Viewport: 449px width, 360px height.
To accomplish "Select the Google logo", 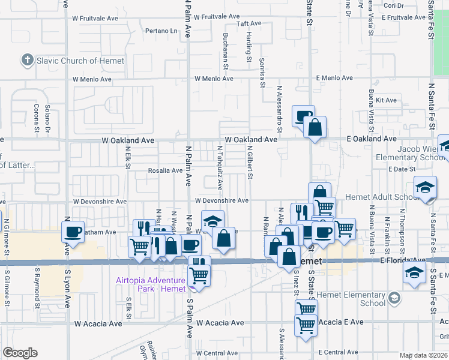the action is (x=20, y=353).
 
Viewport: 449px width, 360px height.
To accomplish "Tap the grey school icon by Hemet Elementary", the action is (x=394, y=298).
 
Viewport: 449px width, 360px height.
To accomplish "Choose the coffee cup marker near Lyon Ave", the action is (x=73, y=232).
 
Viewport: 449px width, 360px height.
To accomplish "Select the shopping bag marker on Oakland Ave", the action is (x=314, y=127).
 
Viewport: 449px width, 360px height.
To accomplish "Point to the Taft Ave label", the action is (x=249, y=24).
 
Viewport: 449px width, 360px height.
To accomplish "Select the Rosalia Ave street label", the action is (x=165, y=170).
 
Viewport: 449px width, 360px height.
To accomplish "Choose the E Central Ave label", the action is (x=339, y=352).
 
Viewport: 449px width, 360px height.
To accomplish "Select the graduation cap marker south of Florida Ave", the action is (x=415, y=273).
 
